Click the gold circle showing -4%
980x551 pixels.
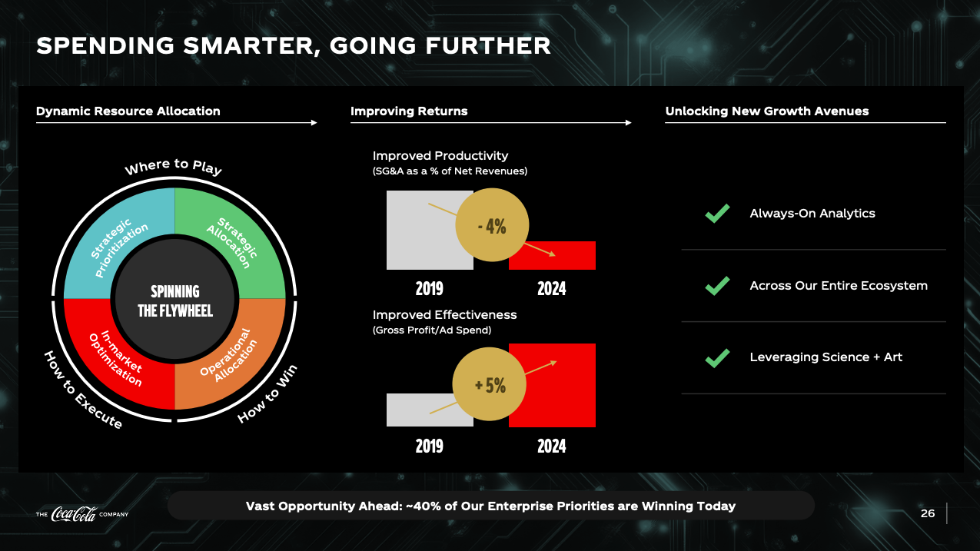[492, 224]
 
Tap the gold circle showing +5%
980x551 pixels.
[489, 384]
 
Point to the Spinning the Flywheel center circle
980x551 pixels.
[175, 300]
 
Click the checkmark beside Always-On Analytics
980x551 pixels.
[717, 214]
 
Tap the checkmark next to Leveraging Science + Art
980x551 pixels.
[717, 358]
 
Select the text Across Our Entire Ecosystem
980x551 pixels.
[839, 286]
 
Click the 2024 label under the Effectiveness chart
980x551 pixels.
[552, 446]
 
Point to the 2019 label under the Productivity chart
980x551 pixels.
[429, 289]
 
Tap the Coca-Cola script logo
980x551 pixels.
[74, 514]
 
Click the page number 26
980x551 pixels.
[928, 513]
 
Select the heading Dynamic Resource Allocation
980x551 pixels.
[128, 111]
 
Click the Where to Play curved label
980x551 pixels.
[173, 167]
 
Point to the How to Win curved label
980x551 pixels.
[267, 393]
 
